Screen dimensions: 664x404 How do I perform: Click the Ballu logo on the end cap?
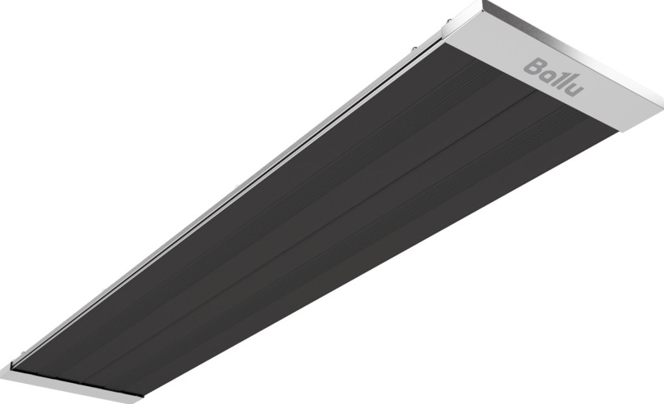[x=554, y=78]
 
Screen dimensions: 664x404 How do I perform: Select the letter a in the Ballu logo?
[x=548, y=74]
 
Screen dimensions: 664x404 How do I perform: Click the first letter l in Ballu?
[x=558, y=75]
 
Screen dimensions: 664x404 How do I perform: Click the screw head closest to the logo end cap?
[x=448, y=20]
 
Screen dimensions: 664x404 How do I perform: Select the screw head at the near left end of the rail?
[x=21, y=353]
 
